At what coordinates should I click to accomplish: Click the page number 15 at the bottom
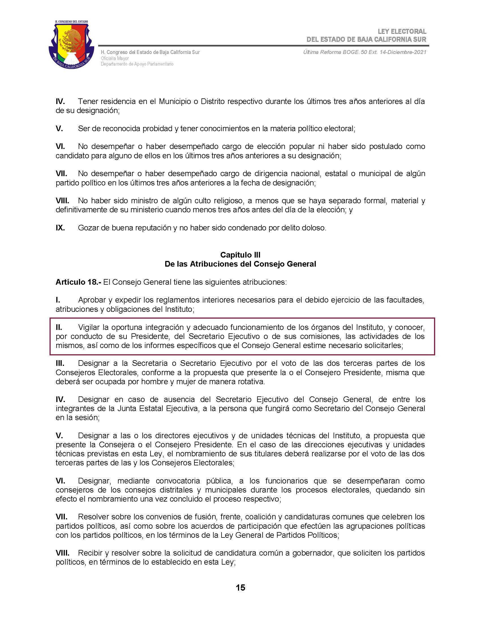(240, 588)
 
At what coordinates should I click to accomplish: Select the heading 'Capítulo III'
(240, 255)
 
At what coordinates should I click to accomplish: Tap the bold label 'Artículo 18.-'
(78, 282)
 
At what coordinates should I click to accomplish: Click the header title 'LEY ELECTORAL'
(402, 31)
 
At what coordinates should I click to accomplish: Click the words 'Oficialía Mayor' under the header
(115, 58)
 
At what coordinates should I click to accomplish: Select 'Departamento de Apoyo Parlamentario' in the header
(137, 64)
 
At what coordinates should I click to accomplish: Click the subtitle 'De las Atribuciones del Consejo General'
(240, 264)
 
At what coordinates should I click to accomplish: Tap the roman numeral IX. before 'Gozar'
(60, 228)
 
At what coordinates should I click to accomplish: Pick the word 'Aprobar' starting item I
(93, 300)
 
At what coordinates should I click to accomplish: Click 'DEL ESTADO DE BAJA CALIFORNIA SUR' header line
(366, 39)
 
